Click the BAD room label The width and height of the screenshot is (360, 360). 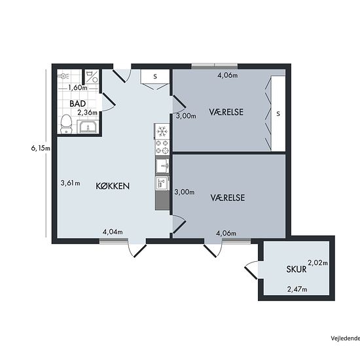click(x=78, y=103)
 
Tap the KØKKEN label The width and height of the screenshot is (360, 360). click(x=113, y=186)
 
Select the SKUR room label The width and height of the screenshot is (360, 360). click(x=297, y=269)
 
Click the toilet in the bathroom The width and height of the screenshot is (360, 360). click(x=66, y=124)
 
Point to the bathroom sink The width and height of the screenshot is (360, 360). click(x=88, y=126)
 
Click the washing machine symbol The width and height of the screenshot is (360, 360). click(x=92, y=77)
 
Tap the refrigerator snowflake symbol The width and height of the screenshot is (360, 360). click(x=162, y=132)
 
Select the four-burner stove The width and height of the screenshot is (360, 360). click(x=162, y=147)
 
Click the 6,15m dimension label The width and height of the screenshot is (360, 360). click(x=41, y=149)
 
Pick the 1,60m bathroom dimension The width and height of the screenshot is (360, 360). click(x=78, y=88)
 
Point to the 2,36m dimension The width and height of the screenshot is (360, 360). click(x=87, y=113)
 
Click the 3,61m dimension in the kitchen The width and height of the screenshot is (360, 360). click(x=70, y=183)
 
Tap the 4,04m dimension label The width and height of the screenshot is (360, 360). click(x=113, y=232)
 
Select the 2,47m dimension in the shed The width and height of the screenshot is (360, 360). click(x=297, y=289)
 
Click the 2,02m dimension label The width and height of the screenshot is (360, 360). click(x=317, y=262)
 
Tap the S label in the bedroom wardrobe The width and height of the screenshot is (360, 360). click(x=278, y=113)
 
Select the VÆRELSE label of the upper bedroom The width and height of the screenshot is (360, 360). click(x=226, y=112)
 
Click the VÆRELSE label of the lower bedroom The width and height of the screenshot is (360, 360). click(x=228, y=198)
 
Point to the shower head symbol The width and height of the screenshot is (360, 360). click(x=63, y=75)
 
